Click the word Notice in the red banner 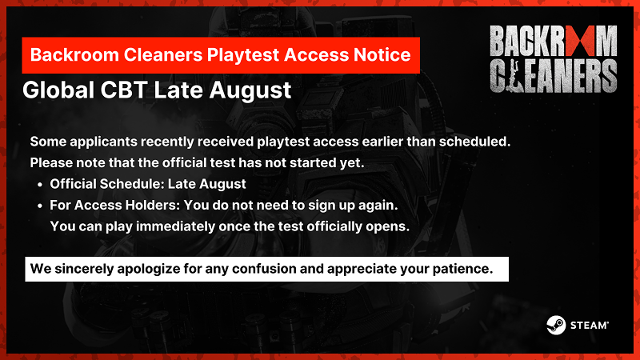tap(382, 54)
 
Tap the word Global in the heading tap(58, 90)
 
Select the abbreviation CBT tap(124, 90)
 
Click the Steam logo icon tap(556, 325)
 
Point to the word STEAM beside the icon tap(590, 326)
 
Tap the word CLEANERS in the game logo tap(553, 76)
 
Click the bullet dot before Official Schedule tap(39, 185)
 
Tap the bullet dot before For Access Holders tap(39, 206)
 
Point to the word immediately tap(175, 226)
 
